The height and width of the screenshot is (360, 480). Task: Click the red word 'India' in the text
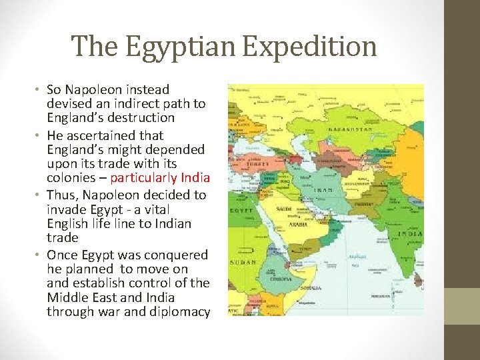[196, 177]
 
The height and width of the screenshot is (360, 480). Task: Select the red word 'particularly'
[143, 177]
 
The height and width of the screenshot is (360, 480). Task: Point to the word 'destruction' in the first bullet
[143, 118]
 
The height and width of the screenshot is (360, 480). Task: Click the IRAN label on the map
[323, 190]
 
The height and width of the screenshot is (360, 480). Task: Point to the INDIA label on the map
[410, 233]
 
